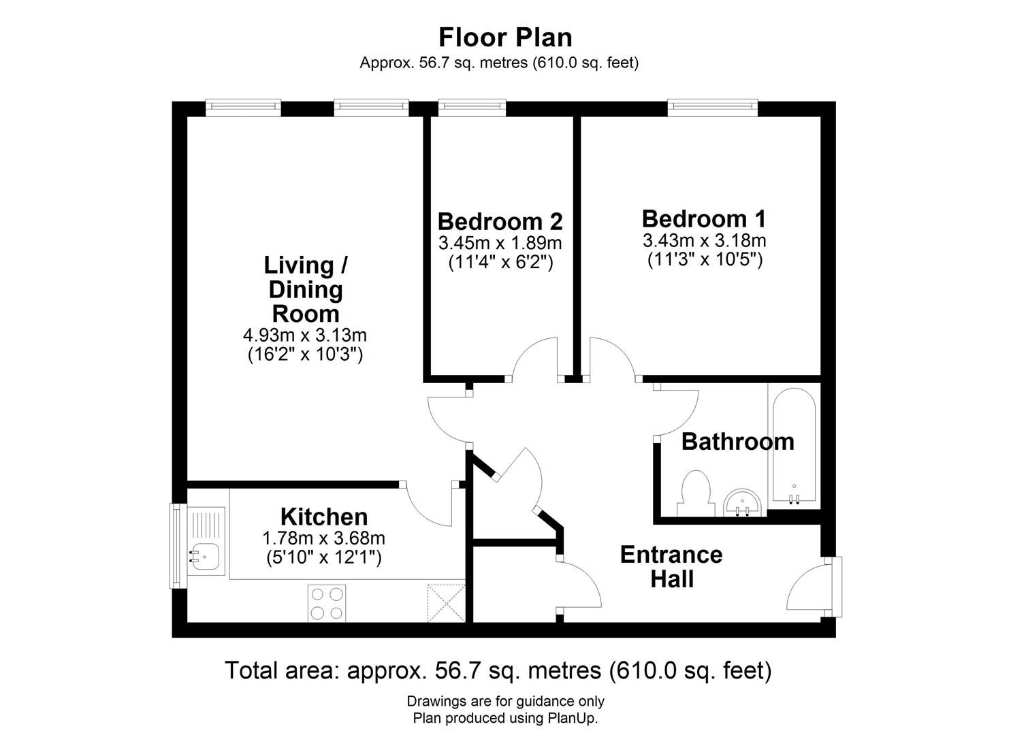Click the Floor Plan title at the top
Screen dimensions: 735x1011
505,37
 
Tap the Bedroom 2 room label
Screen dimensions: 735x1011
500,222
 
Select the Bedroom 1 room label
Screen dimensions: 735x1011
703,219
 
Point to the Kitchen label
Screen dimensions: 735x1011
324,517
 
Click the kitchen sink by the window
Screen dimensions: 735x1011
206,556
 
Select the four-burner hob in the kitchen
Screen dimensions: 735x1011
326,603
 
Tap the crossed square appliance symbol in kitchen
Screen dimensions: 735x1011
445,603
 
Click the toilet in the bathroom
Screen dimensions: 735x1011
695,493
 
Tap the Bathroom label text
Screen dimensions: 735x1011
737,442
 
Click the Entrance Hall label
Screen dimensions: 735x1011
671,566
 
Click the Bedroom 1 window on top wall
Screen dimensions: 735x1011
712,105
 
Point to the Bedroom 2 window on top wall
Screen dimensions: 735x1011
472,105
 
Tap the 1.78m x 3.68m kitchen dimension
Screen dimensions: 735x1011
323,538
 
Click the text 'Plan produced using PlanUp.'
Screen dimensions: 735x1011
505,718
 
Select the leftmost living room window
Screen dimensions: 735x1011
243,105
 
